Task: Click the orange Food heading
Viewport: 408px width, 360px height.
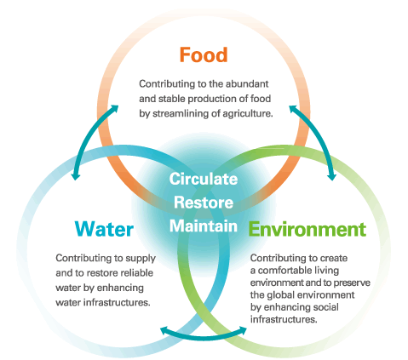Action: [x=204, y=54]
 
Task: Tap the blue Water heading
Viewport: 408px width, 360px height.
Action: [x=104, y=229]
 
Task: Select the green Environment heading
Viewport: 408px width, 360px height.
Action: [x=307, y=229]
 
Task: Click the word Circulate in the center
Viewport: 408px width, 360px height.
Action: [x=204, y=179]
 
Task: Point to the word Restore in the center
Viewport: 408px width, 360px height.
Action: [x=204, y=203]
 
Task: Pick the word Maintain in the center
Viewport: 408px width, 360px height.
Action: [x=204, y=226]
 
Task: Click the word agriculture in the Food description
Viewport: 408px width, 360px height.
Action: [x=247, y=113]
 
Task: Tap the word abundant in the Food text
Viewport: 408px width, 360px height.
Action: [x=247, y=83]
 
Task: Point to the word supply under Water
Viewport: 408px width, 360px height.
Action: [x=141, y=259]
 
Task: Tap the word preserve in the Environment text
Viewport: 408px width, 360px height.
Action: [x=352, y=283]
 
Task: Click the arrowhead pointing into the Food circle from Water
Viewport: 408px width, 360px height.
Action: [x=114, y=109]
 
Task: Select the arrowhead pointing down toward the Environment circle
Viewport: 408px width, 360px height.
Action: [x=331, y=176]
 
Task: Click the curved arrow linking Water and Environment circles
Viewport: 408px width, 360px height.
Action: [x=204, y=337]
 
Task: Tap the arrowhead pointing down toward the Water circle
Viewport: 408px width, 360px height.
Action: [x=75, y=176]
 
